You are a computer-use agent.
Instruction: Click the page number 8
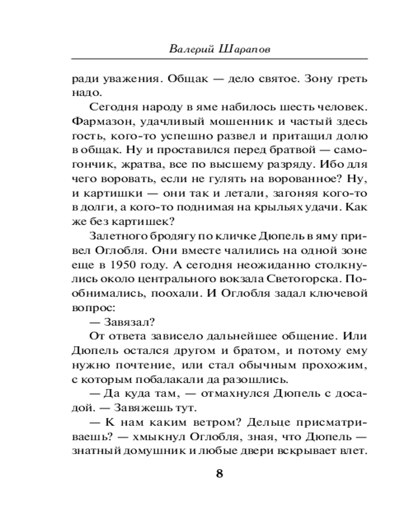coord(219,474)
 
